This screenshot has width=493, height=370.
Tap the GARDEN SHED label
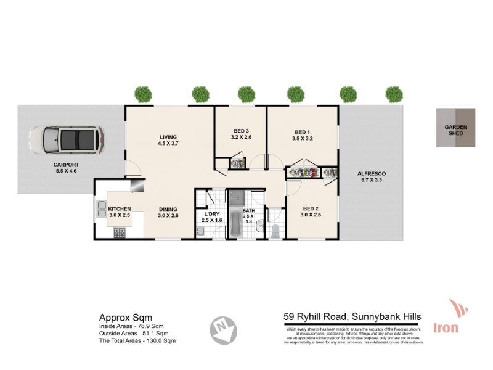click(x=456, y=130)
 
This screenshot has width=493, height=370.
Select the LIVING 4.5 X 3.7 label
click(x=168, y=140)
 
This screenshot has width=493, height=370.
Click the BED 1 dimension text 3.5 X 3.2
click(x=303, y=139)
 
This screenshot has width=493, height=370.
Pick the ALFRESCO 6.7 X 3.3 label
click(x=372, y=178)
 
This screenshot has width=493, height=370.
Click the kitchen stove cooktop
click(x=119, y=232)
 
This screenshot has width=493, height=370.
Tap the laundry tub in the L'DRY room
click(x=201, y=231)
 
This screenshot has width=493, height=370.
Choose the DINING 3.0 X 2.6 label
click(x=168, y=212)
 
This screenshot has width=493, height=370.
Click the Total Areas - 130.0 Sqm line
click(x=137, y=340)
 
